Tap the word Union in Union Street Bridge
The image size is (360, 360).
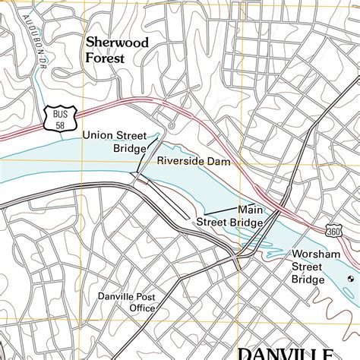(x=97, y=135)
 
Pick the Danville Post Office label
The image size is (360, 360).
(x=127, y=302)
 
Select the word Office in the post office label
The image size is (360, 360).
(x=142, y=308)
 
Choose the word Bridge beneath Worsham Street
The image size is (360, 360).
(x=308, y=279)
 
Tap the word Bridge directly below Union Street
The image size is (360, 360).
(x=128, y=148)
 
